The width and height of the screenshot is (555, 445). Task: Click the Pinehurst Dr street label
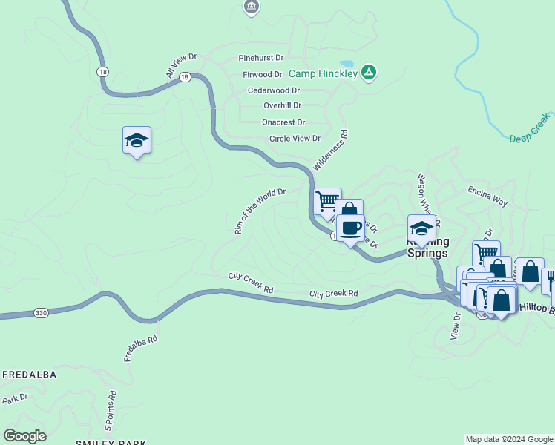261,57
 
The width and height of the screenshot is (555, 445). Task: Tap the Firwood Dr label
263,74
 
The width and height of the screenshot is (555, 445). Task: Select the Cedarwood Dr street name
274,90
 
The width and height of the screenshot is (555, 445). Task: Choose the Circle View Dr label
295,139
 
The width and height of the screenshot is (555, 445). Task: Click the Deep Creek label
531,128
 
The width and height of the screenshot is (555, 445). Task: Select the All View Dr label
181,65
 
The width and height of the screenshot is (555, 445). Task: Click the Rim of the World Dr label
259,211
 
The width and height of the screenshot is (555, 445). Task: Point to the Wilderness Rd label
330,151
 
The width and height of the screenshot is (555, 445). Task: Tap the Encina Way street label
487,196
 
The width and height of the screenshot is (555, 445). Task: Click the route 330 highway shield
41,314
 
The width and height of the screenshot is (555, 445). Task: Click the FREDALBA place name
29,375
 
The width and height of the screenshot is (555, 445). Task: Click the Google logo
25,435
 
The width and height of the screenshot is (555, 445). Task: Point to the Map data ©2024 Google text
508,439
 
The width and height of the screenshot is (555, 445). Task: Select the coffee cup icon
352,227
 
